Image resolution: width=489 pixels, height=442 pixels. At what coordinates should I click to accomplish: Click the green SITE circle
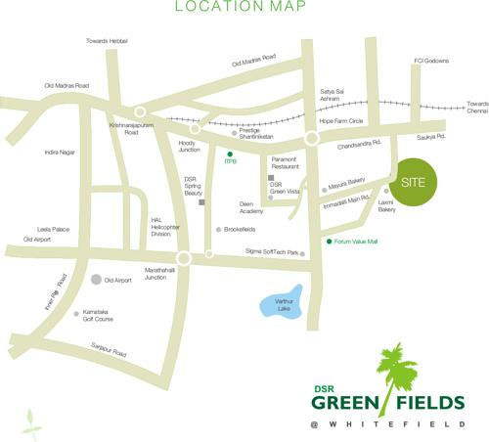click(415, 184)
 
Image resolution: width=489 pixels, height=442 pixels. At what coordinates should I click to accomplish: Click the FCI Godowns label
click(429, 61)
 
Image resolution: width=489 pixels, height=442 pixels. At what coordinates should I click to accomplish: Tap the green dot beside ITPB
click(231, 155)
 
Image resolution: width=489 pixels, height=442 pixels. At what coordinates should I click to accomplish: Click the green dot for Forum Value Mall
click(329, 241)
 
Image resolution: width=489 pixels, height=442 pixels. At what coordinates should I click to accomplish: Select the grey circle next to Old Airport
click(96, 280)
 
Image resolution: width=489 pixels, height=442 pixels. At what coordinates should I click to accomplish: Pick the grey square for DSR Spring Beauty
click(200, 202)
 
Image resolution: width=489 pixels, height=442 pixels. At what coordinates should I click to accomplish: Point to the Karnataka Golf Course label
click(104, 317)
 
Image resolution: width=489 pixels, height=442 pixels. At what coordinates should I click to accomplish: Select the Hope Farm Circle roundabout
click(312, 139)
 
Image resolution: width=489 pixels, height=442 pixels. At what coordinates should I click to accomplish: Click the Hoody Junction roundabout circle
click(196, 128)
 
